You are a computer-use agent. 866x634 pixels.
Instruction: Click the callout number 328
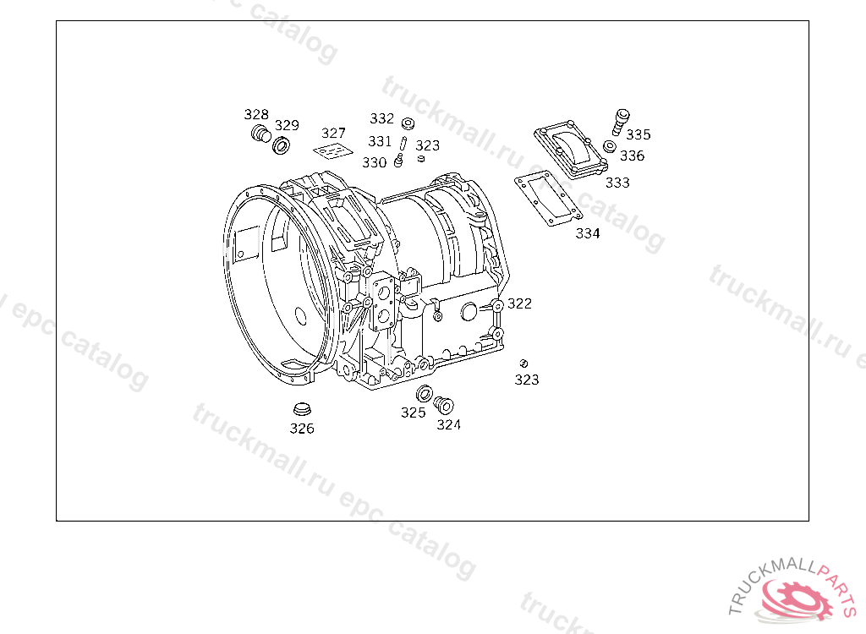(x=256, y=114)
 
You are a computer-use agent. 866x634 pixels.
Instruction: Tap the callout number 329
(x=287, y=125)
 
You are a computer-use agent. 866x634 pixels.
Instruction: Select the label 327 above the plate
(x=333, y=133)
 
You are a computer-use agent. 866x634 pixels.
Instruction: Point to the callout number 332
(x=381, y=118)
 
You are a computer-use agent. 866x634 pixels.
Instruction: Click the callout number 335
(x=639, y=134)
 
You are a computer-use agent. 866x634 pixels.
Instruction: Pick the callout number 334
(x=588, y=233)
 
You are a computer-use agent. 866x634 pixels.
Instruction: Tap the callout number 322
(x=520, y=303)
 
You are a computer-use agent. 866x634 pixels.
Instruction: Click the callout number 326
(x=302, y=429)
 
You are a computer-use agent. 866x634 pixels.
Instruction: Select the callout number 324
(x=448, y=424)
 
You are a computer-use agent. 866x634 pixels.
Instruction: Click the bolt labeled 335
(x=621, y=122)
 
